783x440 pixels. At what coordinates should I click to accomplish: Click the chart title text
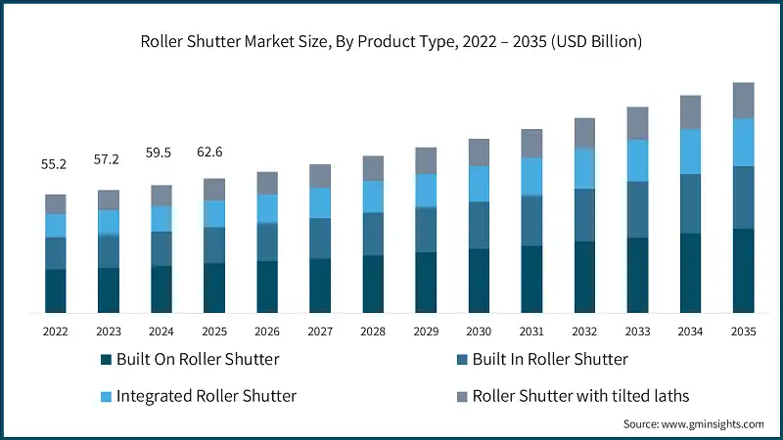[x=391, y=41]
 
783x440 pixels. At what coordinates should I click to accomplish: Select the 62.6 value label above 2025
[x=213, y=152]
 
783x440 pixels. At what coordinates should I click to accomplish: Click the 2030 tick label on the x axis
[x=479, y=332]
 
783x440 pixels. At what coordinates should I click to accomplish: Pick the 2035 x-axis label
[x=743, y=332]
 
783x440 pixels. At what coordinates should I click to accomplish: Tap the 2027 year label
[x=320, y=332]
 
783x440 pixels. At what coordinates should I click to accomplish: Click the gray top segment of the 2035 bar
[x=743, y=101]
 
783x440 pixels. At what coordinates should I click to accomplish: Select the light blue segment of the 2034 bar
[x=690, y=152]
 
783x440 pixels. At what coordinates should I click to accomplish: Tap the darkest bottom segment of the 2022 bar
[x=55, y=290]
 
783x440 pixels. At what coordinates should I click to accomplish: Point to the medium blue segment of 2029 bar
[x=426, y=230]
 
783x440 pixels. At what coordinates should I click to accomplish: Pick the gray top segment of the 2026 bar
[x=267, y=183]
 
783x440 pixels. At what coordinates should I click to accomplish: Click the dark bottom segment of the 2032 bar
[x=584, y=277]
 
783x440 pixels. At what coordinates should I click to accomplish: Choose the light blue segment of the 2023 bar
[x=108, y=223]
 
